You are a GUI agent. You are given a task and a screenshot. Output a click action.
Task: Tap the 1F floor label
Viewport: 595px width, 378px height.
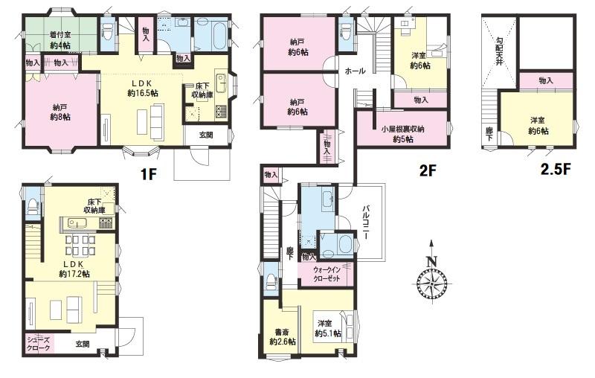tap(148, 174)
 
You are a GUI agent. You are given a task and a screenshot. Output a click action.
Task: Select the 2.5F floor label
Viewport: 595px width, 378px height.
tap(556, 169)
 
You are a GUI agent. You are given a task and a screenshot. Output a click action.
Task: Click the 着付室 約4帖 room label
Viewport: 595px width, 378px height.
tap(60, 40)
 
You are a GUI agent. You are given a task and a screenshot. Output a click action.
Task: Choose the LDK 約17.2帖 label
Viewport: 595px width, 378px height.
tap(74, 269)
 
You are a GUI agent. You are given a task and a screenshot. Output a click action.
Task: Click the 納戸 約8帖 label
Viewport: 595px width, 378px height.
tap(60, 112)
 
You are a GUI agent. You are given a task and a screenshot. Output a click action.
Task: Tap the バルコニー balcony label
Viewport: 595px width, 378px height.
tap(366, 222)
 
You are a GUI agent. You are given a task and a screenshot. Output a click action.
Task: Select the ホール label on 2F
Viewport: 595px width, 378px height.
tap(355, 71)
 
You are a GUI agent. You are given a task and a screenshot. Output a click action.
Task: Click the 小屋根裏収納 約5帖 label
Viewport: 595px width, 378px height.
tap(402, 134)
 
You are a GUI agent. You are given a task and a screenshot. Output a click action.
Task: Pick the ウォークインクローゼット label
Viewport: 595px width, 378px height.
tap(327, 274)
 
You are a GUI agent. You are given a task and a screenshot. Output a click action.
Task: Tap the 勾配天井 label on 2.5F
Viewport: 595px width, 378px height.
tap(499, 51)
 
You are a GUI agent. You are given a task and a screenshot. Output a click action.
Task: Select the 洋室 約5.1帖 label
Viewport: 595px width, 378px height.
tap(327, 329)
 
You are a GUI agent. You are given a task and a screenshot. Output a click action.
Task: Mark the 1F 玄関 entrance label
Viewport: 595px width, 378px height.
tap(206, 135)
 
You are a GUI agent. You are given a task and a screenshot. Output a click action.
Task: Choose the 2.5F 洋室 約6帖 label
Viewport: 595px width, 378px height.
tap(538, 126)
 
